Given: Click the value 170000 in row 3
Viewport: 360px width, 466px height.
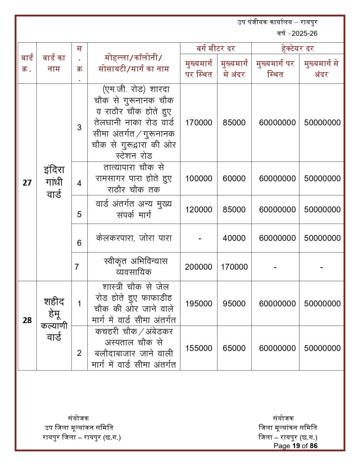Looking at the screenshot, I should coord(198,122).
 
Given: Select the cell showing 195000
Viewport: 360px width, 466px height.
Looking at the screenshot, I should coord(198,303).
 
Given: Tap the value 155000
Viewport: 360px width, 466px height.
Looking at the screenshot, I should coord(198,348).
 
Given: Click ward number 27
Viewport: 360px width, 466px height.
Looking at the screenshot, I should coord(27,182).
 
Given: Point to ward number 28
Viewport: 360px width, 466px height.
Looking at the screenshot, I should coord(27,320).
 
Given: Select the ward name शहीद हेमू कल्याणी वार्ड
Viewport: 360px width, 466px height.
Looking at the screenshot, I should coord(54,320).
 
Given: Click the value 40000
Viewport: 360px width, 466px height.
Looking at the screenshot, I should coord(234,238).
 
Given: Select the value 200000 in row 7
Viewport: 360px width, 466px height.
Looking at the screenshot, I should coord(198,267).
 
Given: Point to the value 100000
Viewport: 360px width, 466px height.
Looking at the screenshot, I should coord(198,179).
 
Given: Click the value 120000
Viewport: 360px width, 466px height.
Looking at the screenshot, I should coord(198,210).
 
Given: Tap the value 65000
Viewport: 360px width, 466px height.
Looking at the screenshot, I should coord(234,348).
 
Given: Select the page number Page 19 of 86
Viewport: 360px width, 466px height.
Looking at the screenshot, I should coord(295,446).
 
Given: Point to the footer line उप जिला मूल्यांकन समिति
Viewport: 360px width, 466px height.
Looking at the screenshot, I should coord(79,427).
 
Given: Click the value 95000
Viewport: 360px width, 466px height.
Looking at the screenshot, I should coord(234,303).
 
